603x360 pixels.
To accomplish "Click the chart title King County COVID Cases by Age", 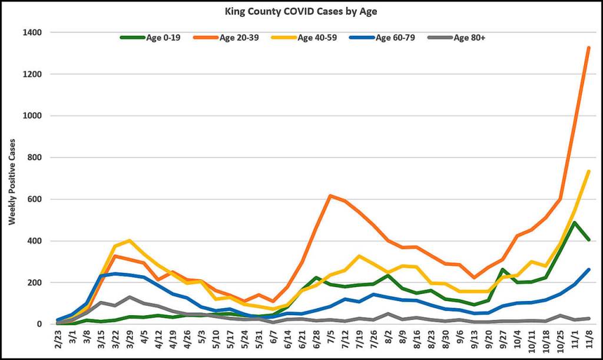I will (301, 11).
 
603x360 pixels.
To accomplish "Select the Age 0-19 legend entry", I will (160, 38).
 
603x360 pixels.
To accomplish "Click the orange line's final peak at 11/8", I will (588, 48).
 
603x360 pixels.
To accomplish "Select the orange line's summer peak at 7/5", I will (331, 196).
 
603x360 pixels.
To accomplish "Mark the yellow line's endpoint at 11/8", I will (588, 171).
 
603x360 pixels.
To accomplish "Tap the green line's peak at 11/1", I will (574, 223).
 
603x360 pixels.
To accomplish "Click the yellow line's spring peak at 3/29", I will (130, 240).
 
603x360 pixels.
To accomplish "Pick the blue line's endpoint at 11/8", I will (588, 270).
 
